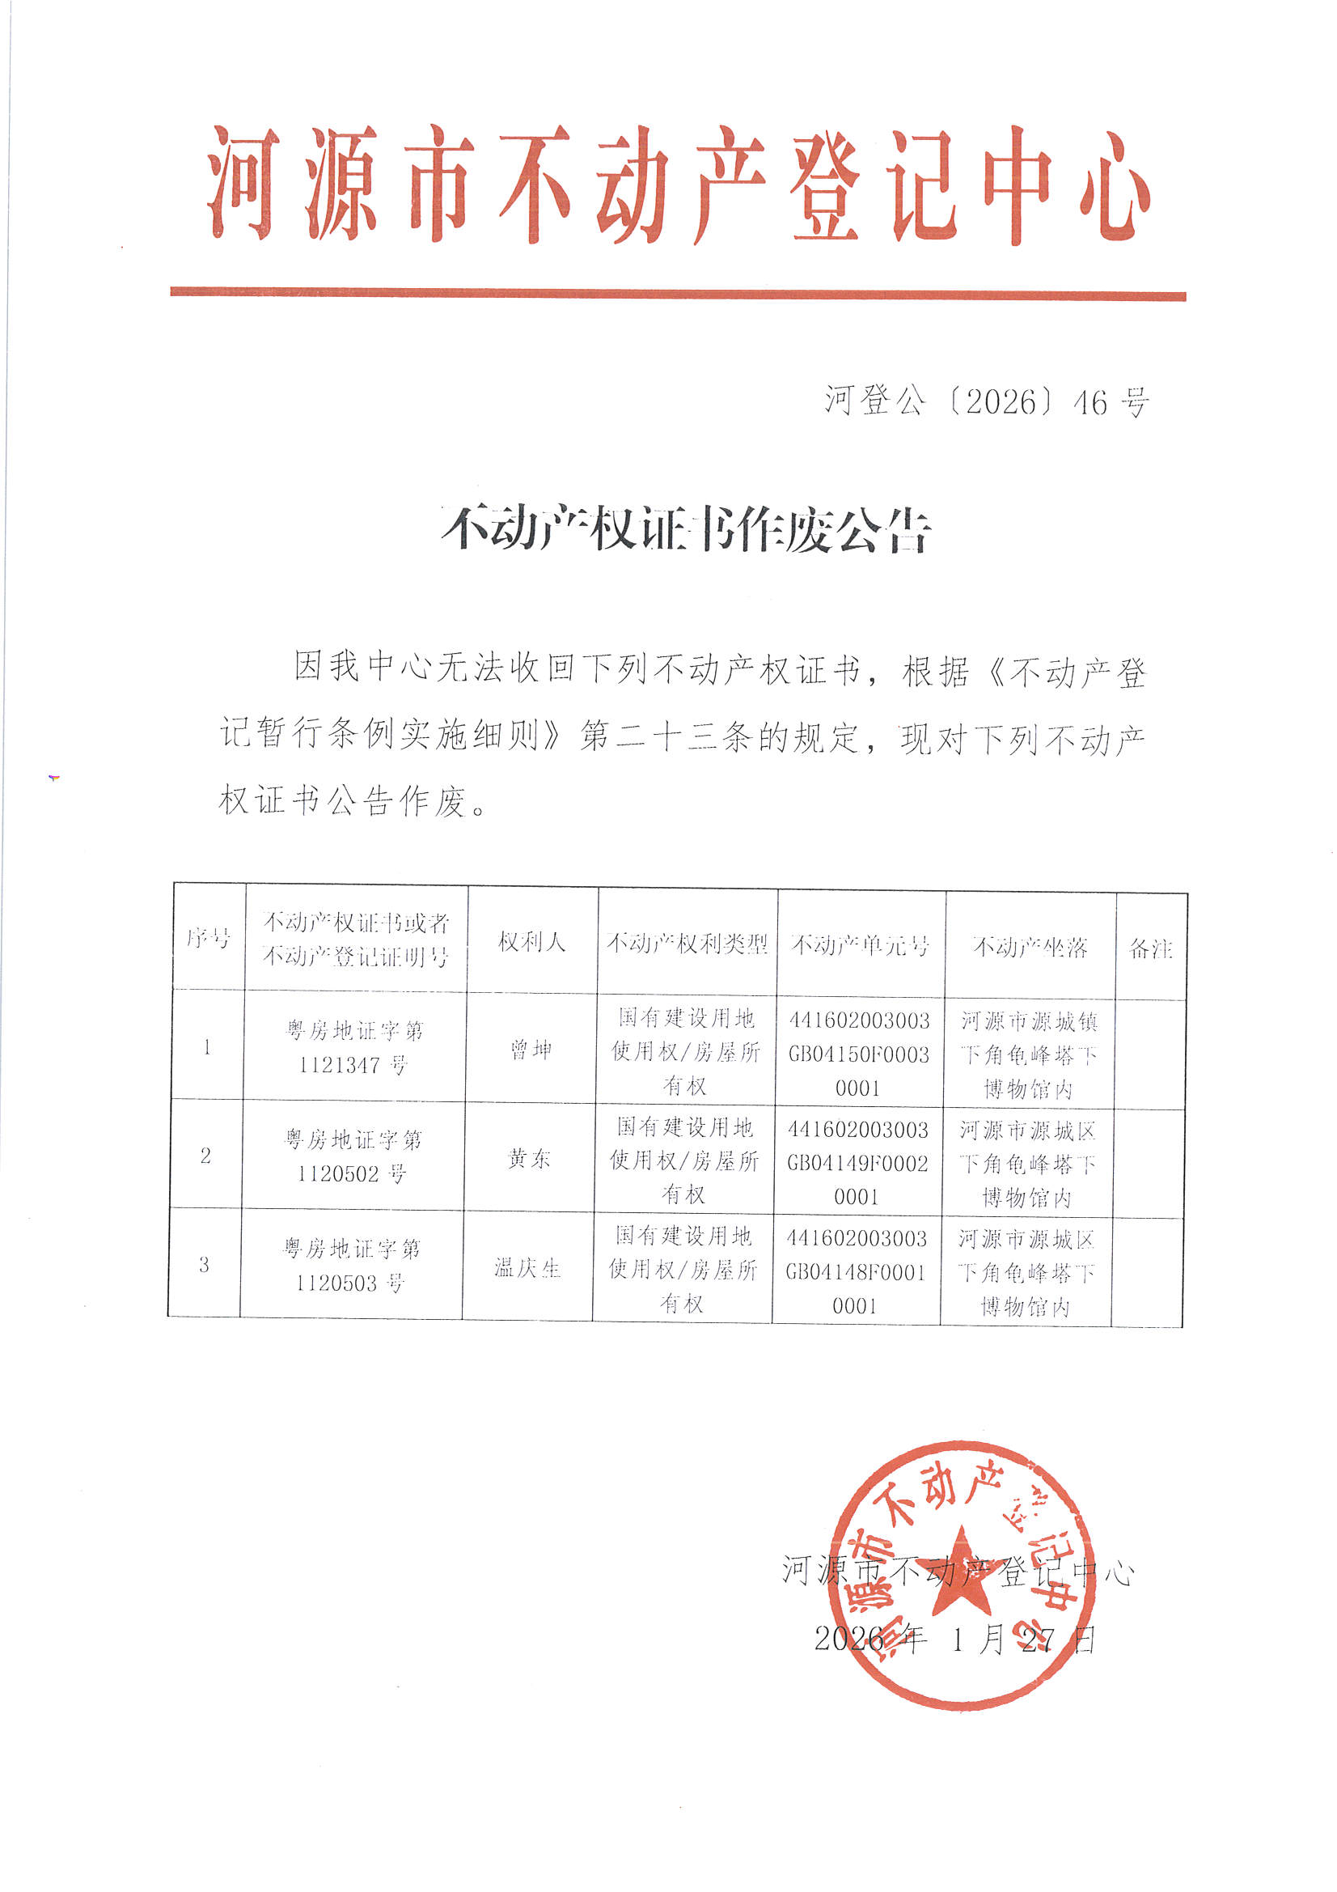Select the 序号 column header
tap(209, 937)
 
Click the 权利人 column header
tap(532, 941)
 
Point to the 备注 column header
tap(1150, 948)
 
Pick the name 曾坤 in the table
tap(531, 1049)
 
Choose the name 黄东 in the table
tap(529, 1158)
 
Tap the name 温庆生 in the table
tap(527, 1267)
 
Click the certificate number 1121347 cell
tap(354, 1047)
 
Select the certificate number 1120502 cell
tap(353, 1156)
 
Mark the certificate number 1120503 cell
tap(351, 1265)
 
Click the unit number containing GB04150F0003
tap(858, 1054)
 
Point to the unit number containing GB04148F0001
tap(855, 1271)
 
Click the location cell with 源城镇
tap(1029, 1054)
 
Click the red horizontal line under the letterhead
tap(677, 294)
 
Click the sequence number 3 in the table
tap(205, 1264)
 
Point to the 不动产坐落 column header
tap(1030, 947)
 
